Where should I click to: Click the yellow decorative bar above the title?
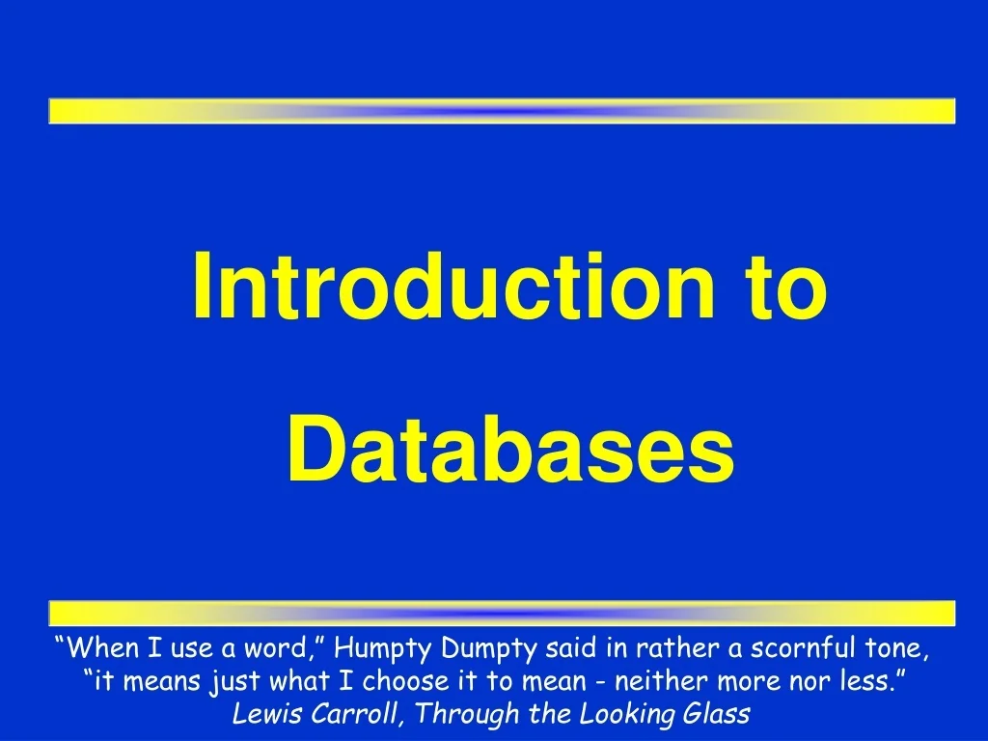(502, 111)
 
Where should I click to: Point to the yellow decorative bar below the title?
(502, 613)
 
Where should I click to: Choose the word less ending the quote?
(871, 682)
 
